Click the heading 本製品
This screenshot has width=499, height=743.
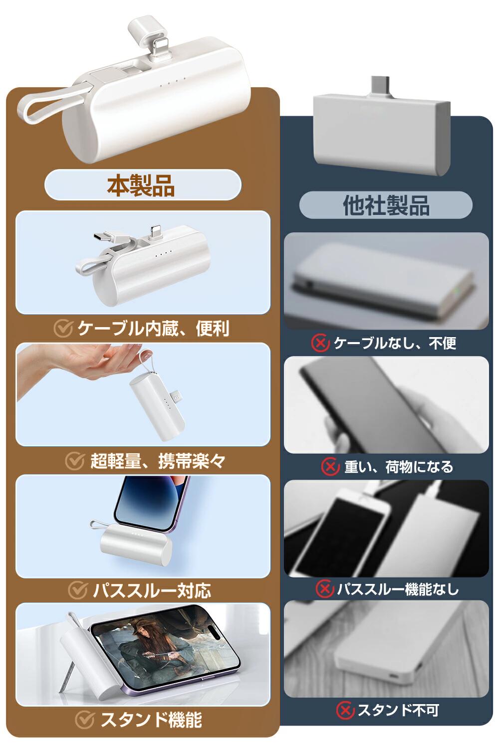pos(141,185)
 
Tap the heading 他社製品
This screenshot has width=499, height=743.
pos(386,205)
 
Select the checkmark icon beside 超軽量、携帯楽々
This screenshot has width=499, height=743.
pos(74,461)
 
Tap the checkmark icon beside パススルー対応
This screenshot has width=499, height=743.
pos(78,590)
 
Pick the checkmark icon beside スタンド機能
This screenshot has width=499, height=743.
pos(84,720)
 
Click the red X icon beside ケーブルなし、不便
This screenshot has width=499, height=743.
pos(320,343)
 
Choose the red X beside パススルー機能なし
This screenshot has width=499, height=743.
pos(324,589)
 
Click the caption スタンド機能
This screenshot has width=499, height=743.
pos(151,720)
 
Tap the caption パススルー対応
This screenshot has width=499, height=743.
pos(152,590)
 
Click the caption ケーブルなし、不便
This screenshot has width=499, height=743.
pos(395,343)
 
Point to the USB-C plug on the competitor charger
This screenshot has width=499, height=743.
pos(381,87)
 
